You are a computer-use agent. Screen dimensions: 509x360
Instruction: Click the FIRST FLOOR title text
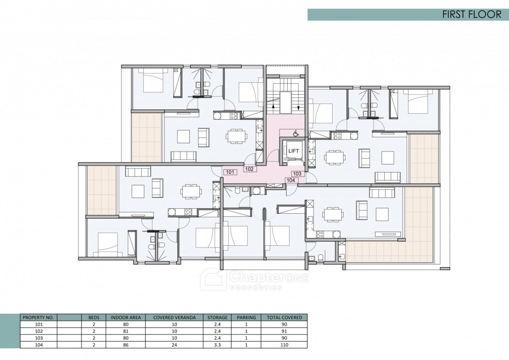tap(472, 14)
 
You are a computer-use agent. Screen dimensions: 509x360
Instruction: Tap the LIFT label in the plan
tap(294, 151)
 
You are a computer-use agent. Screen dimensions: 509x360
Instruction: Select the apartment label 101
tap(230, 172)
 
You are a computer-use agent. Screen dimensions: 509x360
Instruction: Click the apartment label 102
tap(249, 169)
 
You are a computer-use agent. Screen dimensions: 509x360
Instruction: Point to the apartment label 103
tap(297, 174)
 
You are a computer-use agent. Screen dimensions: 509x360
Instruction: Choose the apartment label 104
tap(291, 180)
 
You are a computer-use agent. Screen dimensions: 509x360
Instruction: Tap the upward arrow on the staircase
tap(273, 106)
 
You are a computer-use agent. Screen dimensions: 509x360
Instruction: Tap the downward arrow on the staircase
tap(298, 108)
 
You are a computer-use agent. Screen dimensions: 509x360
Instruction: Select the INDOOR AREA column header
tap(126, 318)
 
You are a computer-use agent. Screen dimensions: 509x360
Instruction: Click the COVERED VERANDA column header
tap(174, 318)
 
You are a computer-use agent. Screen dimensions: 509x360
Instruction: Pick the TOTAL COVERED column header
tap(284, 318)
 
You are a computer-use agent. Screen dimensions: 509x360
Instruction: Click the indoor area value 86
tap(126, 345)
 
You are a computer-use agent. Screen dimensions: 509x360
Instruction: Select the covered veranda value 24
tap(174, 345)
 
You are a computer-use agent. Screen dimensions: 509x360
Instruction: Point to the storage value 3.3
tap(217, 345)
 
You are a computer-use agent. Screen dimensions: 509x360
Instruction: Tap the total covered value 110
tap(284, 345)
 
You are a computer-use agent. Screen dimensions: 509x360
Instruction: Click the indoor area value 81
tap(126, 331)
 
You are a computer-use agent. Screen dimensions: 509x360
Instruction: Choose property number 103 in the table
tap(39, 338)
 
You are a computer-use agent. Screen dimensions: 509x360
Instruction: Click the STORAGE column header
tap(217, 318)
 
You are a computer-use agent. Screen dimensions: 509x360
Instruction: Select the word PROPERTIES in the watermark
tap(256, 288)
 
